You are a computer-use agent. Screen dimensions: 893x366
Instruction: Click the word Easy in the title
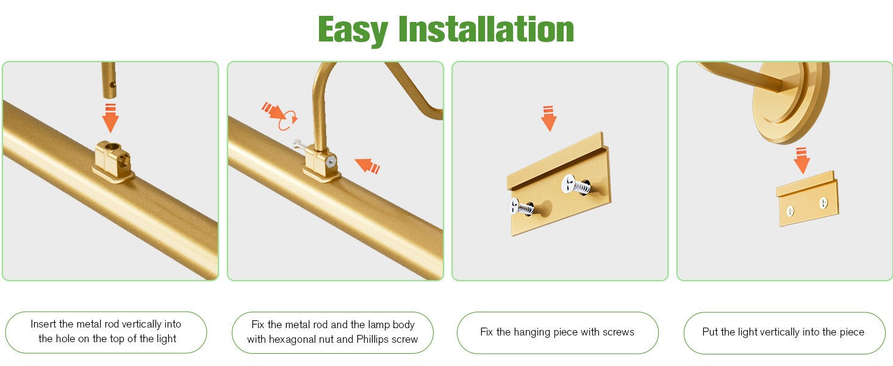point(353,30)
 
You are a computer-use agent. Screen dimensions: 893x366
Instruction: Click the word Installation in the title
point(486,29)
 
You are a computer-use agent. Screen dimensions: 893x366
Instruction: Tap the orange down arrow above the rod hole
point(110,118)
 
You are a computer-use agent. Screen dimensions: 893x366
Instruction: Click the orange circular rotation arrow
point(287,120)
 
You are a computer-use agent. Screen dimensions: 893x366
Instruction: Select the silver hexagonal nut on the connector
point(331,162)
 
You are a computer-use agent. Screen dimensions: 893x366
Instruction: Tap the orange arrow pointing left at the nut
point(367,165)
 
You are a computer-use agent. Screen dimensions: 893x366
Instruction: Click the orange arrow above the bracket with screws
point(548,118)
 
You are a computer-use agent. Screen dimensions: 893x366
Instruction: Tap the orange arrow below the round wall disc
point(802,160)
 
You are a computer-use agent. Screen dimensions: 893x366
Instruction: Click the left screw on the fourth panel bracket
point(790,211)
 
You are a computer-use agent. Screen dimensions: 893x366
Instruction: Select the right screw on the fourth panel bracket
point(823,203)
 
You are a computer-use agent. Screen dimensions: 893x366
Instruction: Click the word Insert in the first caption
point(43,324)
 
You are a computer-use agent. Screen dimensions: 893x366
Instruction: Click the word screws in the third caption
point(619,332)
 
